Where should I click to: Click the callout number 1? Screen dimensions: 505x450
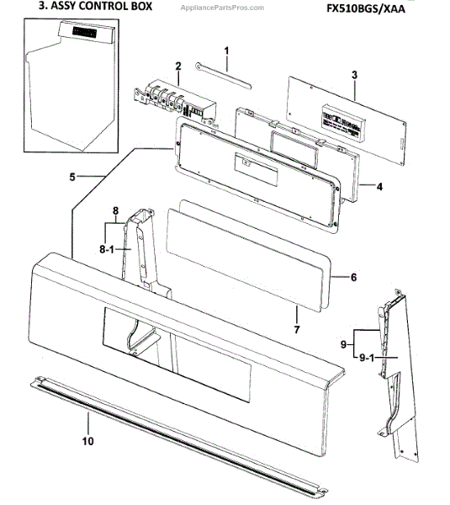(x=226, y=52)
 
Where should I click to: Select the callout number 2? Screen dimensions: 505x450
(x=178, y=66)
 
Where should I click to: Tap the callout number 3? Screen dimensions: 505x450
(x=355, y=75)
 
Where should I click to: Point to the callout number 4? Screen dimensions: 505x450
(x=379, y=186)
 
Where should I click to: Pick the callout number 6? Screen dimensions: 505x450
(x=353, y=276)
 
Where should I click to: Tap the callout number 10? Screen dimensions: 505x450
(x=87, y=440)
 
